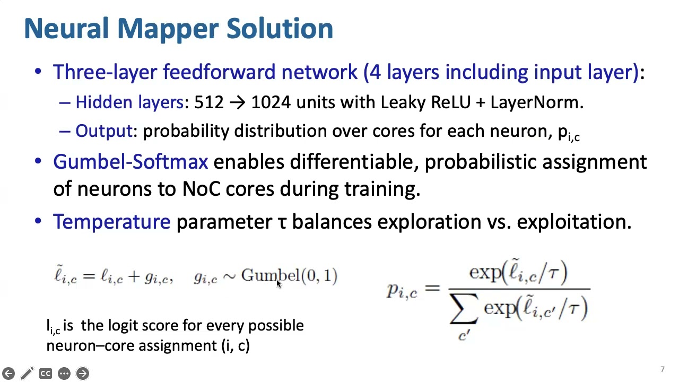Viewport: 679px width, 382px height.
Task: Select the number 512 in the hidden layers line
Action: click(x=209, y=102)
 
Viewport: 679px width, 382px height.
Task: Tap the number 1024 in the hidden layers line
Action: click(x=271, y=102)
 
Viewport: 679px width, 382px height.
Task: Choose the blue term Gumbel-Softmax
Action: click(x=130, y=162)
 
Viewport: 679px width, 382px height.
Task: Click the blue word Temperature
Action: click(x=111, y=222)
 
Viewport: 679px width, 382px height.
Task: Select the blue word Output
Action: click(x=103, y=131)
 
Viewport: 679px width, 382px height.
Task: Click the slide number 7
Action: click(x=663, y=370)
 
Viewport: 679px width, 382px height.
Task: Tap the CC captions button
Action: click(x=46, y=374)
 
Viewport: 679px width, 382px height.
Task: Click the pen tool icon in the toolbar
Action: click(x=27, y=374)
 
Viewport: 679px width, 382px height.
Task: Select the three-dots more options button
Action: click(x=64, y=374)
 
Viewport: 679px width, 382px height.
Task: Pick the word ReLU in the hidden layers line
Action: click(x=450, y=102)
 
